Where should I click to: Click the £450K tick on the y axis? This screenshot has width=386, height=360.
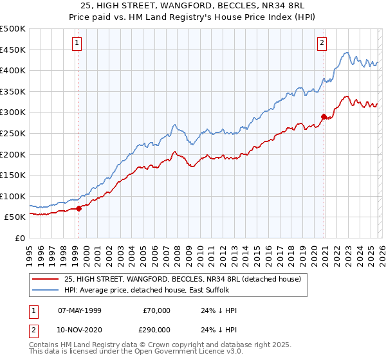(x=14, y=50)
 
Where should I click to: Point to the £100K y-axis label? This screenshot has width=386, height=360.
(x=14, y=196)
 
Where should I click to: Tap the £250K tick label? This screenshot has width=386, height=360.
(x=14, y=133)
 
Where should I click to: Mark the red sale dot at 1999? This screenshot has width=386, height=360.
(x=78, y=208)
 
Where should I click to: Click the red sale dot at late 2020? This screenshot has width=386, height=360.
(x=324, y=116)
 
